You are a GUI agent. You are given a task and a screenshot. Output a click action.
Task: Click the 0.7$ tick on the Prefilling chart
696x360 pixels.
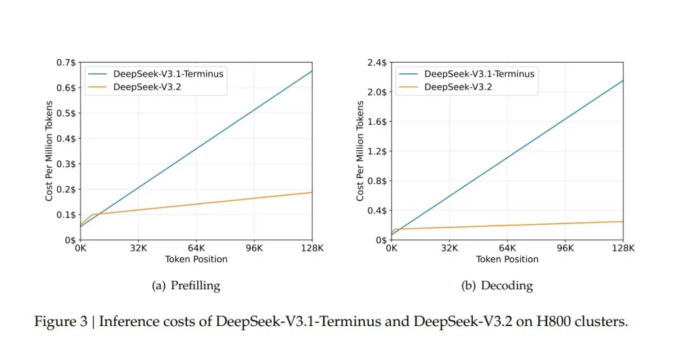tap(67, 62)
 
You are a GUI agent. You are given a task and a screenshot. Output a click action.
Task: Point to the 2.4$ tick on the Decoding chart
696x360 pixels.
tap(378, 62)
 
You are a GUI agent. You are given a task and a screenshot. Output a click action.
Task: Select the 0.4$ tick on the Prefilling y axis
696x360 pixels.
tap(67, 139)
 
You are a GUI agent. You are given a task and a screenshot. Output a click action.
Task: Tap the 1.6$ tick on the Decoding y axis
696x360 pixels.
tap(378, 122)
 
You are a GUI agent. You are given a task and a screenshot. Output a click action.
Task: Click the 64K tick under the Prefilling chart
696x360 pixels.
tap(196, 249)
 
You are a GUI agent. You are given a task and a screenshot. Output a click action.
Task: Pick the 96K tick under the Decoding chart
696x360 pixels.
tap(565, 249)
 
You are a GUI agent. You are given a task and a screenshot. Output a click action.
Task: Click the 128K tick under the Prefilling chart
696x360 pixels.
tap(312, 249)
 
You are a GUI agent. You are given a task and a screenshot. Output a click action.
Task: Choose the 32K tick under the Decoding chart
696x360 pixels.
tap(449, 249)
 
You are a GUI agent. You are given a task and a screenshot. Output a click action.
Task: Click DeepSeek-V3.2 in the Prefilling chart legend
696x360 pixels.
tap(141, 86)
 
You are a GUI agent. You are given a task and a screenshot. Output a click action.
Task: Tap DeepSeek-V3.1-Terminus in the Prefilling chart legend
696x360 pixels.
tap(169, 74)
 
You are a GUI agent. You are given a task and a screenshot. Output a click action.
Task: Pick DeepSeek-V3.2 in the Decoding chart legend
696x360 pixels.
tap(452, 86)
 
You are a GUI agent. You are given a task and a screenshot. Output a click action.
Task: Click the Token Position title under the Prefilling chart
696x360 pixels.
tap(196, 259)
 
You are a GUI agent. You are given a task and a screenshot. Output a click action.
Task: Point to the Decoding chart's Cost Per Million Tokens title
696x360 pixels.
tap(360, 151)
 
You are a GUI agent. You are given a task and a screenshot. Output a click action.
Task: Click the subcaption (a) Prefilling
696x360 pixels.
tap(186, 286)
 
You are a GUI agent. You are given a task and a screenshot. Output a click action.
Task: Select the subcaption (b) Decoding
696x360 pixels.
tap(497, 286)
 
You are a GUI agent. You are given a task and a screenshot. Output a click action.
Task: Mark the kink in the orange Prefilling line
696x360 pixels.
tap(92, 215)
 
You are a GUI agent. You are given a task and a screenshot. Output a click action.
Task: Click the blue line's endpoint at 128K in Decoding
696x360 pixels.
tap(623, 80)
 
